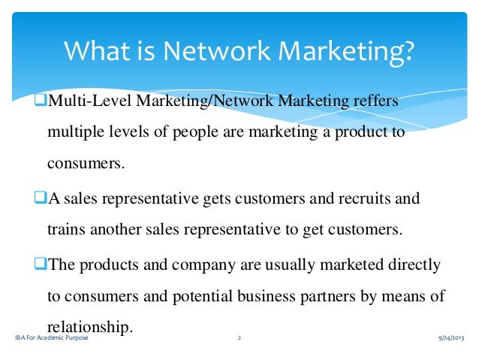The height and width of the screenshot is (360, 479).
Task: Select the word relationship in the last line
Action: coord(89,328)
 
